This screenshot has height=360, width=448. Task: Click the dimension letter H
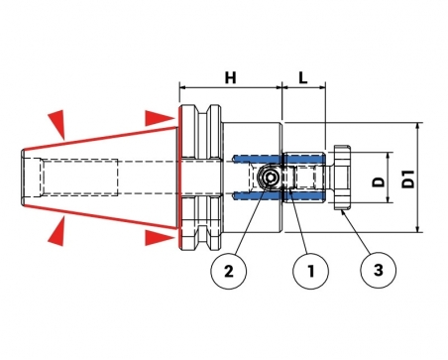[231, 78]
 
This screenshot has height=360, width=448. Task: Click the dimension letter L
[303, 78]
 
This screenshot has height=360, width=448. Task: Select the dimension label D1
[408, 179]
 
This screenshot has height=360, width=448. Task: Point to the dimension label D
[379, 181]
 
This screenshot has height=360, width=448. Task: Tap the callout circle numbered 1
[310, 271]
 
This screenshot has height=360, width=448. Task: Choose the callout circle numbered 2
[229, 271]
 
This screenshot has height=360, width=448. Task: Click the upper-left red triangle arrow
[57, 122]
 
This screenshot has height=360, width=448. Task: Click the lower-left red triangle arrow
[56, 231]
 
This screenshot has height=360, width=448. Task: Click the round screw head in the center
[270, 178]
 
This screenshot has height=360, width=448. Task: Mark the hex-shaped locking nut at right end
[342, 178]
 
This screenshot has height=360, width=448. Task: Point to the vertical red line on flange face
[178, 178]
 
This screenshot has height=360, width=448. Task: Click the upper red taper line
[100, 138]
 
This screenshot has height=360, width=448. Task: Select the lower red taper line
[100, 217]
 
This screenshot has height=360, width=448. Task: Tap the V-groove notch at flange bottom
[204, 235]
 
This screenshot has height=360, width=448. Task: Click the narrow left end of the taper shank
[24, 178]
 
